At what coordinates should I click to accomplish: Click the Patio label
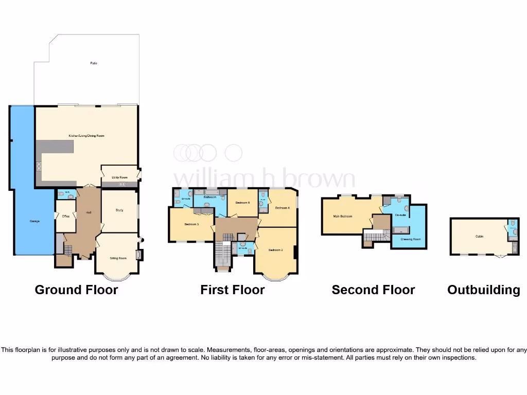[x=94, y=63]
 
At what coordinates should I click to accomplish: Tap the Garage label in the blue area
[x=34, y=221]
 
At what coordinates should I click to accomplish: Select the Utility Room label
[x=119, y=177]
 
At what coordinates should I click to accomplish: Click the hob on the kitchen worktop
[x=39, y=166]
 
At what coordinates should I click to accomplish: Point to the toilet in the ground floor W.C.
[x=62, y=194]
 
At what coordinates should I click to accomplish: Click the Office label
[x=65, y=216]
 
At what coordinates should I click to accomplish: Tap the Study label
[x=119, y=210]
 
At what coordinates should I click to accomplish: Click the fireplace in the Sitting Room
[x=137, y=254]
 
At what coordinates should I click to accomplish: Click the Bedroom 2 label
[x=275, y=250]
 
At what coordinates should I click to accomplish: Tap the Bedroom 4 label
[x=282, y=208]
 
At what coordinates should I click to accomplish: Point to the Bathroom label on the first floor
[x=209, y=197]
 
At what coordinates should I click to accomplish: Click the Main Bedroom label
[x=343, y=216]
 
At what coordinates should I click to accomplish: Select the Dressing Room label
[x=410, y=239]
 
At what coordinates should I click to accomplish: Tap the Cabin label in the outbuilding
[x=479, y=237]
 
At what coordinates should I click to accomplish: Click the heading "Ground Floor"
[x=76, y=290]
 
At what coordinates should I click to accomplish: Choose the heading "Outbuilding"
[x=483, y=290]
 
